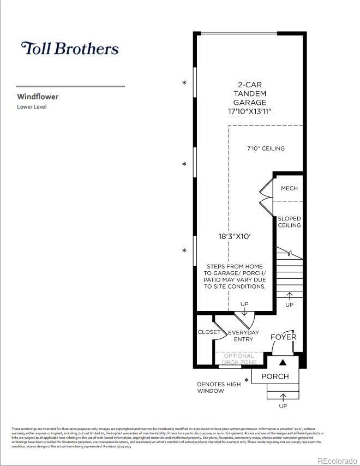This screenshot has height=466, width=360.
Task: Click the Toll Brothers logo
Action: [x=69, y=48]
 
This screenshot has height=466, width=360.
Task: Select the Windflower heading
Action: [x=38, y=97]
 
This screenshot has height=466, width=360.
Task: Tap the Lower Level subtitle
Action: [x=32, y=107]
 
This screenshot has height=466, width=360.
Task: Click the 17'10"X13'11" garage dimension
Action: [x=250, y=111]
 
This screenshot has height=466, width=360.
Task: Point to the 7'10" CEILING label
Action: [x=266, y=148]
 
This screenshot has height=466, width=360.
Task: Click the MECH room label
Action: [x=289, y=188]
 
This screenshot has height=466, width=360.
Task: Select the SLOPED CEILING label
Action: [x=289, y=222]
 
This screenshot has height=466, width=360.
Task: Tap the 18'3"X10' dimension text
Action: [x=234, y=237]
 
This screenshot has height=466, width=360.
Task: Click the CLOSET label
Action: [x=209, y=332]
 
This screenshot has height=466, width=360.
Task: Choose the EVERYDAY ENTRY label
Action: [x=243, y=336]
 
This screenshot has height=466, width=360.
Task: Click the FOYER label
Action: [x=284, y=337]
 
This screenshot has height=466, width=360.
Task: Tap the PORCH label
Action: [x=275, y=377]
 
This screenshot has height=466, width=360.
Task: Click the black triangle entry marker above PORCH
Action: [x=283, y=362]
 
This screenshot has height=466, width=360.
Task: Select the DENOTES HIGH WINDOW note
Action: [x=219, y=387]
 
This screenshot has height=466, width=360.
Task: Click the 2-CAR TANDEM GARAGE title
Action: [x=250, y=93]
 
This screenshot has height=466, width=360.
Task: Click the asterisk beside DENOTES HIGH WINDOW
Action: [x=247, y=380]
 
